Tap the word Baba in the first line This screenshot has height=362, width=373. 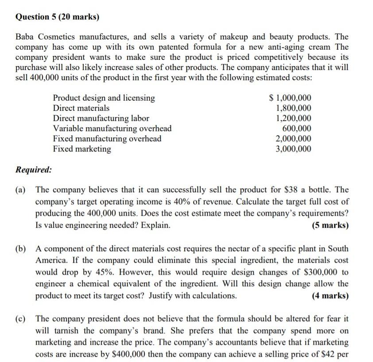[x=26, y=37]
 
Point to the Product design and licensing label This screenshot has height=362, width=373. [x=104, y=98]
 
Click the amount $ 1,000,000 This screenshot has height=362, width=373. [x=291, y=98]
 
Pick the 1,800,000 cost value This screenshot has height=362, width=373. [x=293, y=108]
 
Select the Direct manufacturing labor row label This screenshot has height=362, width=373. [x=101, y=118]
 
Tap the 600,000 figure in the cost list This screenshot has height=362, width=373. [x=297, y=128]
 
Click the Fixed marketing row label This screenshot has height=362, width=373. [x=82, y=149]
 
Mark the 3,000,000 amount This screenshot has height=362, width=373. [x=293, y=149]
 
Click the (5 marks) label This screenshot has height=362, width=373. [x=330, y=225]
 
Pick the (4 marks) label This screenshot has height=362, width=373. [x=330, y=295]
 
